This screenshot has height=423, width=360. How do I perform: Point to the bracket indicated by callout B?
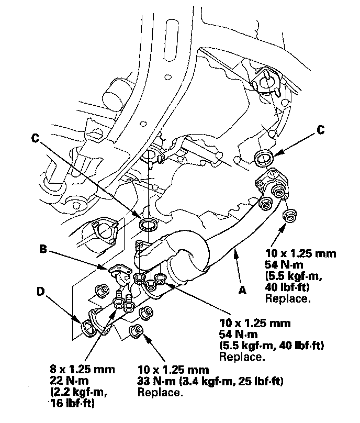pos(118,271)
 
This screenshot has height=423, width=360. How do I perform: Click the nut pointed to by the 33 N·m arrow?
pos(137,331)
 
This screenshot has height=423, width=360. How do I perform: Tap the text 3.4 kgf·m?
pos(203,381)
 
